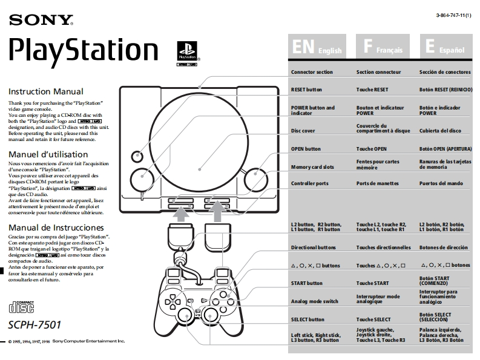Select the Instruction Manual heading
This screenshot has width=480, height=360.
(45, 92)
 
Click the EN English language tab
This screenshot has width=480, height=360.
(317, 48)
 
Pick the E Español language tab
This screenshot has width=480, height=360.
(445, 48)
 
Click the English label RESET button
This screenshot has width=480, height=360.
(307, 90)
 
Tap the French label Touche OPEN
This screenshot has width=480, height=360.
(371, 148)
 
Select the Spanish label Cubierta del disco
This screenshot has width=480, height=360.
(440, 131)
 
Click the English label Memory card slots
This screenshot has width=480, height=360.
(312, 167)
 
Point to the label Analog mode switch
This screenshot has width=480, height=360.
(315, 301)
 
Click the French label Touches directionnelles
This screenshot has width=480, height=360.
(383, 247)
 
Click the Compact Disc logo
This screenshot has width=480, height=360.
(22, 305)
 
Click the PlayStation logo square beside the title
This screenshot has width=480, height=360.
(186, 50)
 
